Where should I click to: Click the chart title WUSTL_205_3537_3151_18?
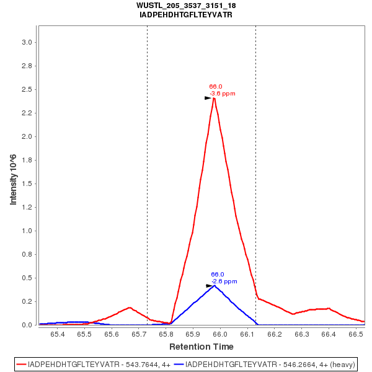pyautogui.click(x=186, y=6)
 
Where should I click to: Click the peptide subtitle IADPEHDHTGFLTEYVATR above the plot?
pyautogui.click(x=186, y=14)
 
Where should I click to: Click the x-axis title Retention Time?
pyautogui.click(x=201, y=347)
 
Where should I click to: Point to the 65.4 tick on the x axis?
pyautogui.click(x=58, y=334)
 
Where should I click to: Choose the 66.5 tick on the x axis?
pyautogui.click(x=356, y=334)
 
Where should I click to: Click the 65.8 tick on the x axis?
pyautogui.click(x=166, y=334)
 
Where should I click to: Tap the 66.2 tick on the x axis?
pyautogui.click(x=275, y=334)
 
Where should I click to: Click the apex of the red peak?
pyautogui.click(x=214, y=98)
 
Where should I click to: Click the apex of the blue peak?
pyautogui.click(x=215, y=285)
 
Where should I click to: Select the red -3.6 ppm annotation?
pyautogui.click(x=222, y=94)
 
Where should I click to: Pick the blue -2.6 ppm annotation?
pyautogui.click(x=224, y=281)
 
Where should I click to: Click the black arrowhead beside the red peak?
pyautogui.click(x=208, y=98)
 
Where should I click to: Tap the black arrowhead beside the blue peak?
pyautogui.click(x=210, y=286)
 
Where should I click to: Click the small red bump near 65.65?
pyautogui.click(x=129, y=308)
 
